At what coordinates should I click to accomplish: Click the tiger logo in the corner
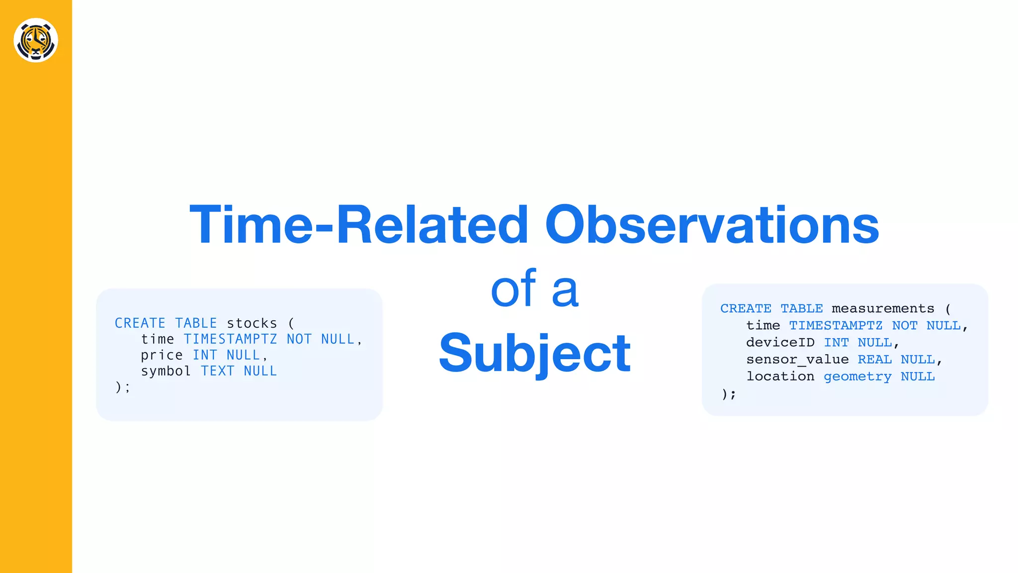pyautogui.click(x=36, y=40)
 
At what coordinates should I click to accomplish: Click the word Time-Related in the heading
pyautogui.click(x=358, y=225)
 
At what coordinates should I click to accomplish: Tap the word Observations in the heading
pyautogui.click(x=712, y=225)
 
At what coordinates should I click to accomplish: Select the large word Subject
pyautogui.click(x=534, y=353)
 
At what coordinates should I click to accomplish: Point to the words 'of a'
pyautogui.click(x=534, y=289)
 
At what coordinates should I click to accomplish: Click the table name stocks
pyautogui.click(x=252, y=323)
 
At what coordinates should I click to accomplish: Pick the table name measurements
pyautogui.click(x=883, y=309)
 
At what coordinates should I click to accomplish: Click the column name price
pyautogui.click(x=162, y=355)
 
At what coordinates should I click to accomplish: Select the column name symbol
pyautogui.click(x=166, y=371)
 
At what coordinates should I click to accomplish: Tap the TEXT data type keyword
pyautogui.click(x=217, y=371)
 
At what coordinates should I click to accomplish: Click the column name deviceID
pyautogui.click(x=780, y=343)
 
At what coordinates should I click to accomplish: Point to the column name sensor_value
pyautogui.click(x=797, y=360)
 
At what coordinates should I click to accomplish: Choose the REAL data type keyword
pyautogui.click(x=874, y=360)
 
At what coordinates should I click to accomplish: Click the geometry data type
pyautogui.click(x=857, y=377)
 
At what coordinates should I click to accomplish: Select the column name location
pyautogui.click(x=780, y=377)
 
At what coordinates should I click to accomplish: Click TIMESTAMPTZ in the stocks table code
pyautogui.click(x=230, y=339)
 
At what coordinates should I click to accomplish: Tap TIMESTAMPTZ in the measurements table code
pyautogui.click(x=836, y=326)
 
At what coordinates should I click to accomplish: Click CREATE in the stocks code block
pyautogui.click(x=140, y=323)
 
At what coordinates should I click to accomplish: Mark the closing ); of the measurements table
pyautogui.click(x=729, y=394)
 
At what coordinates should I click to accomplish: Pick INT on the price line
pyautogui.click(x=205, y=355)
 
